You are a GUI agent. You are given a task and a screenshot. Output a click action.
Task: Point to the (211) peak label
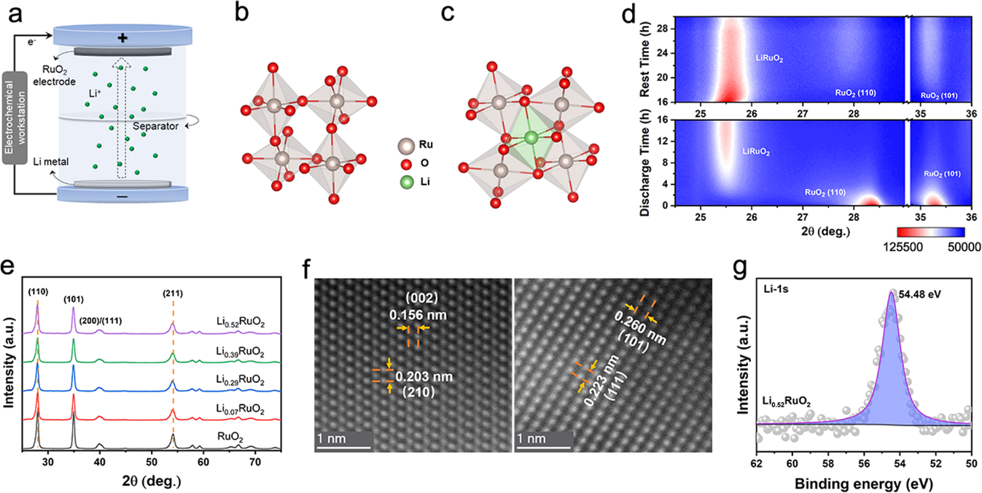(174, 295)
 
